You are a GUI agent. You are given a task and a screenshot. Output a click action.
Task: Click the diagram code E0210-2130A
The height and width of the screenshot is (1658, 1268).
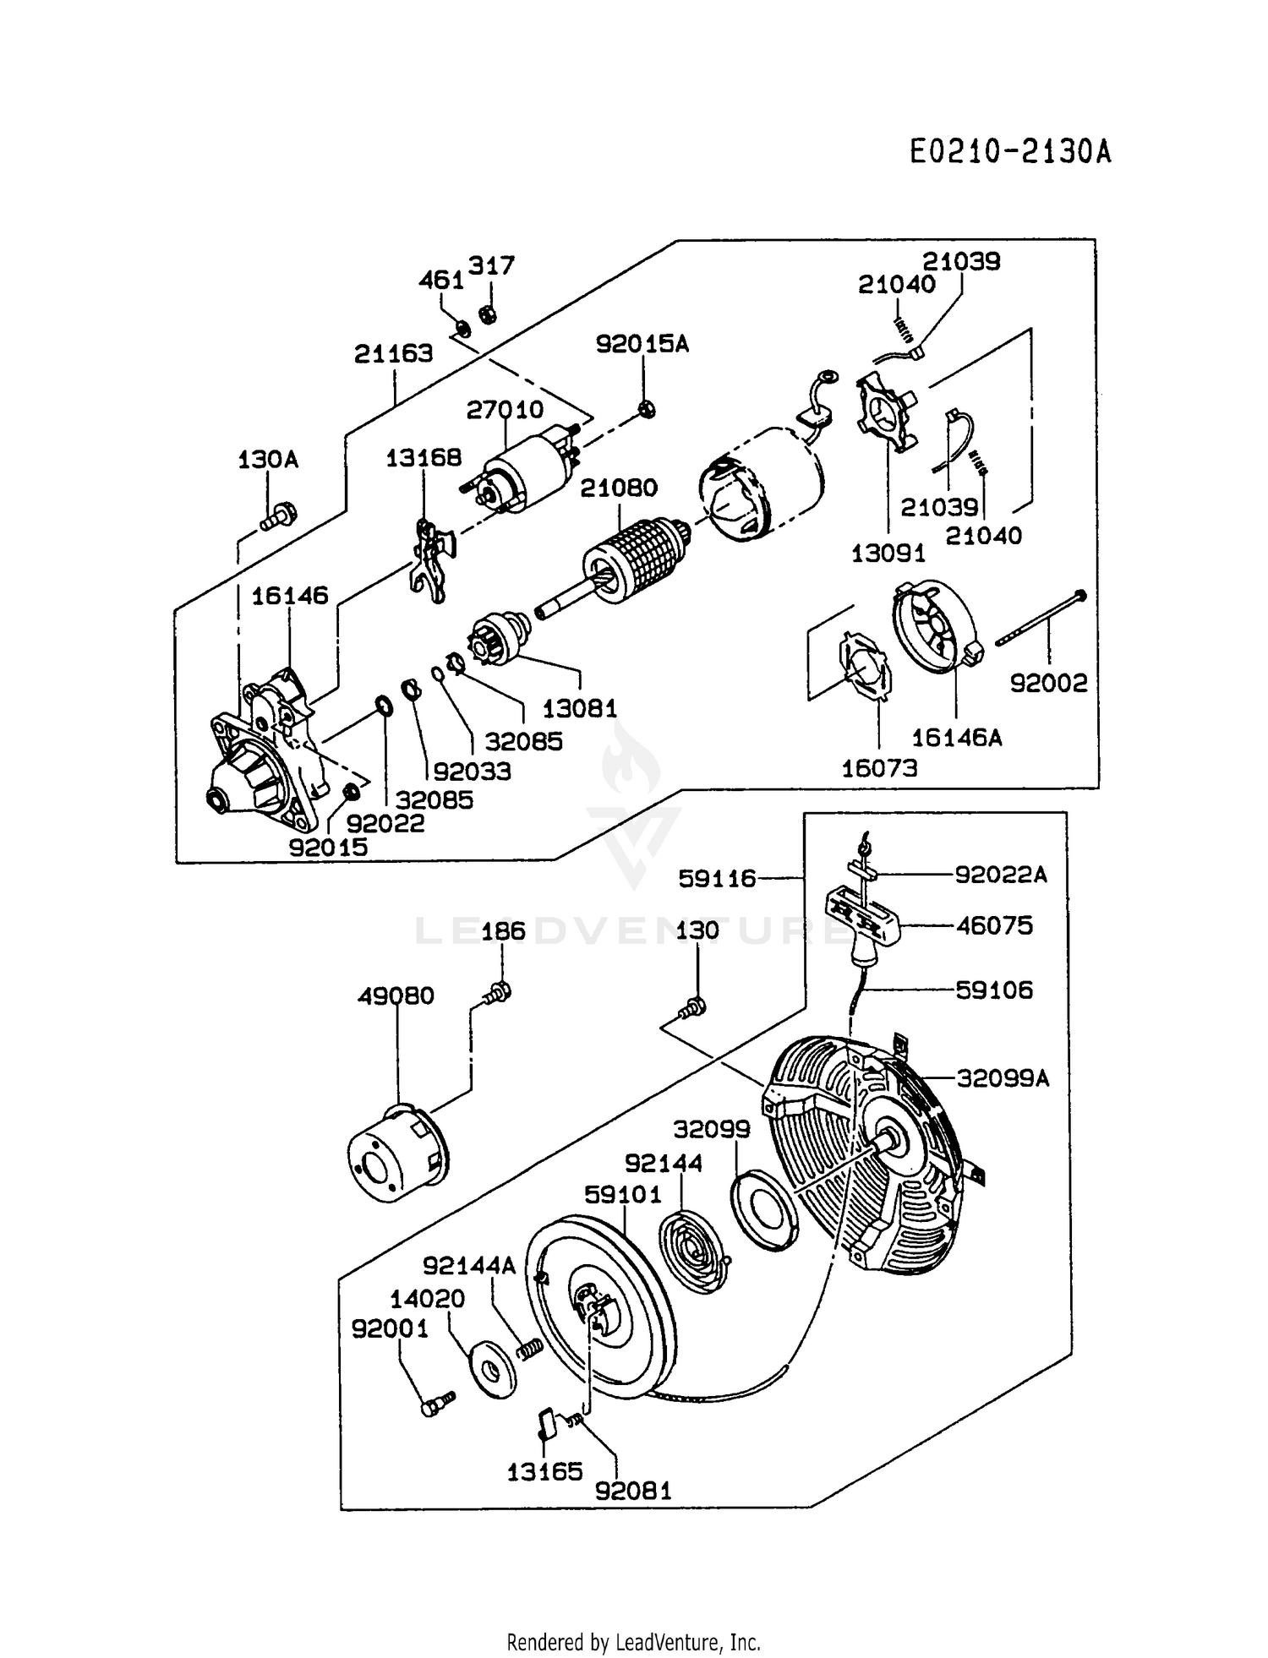tap(1010, 152)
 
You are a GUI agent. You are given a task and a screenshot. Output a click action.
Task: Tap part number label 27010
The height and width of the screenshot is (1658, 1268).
tap(505, 410)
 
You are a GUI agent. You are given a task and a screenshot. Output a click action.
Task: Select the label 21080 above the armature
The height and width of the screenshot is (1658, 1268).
tap(619, 488)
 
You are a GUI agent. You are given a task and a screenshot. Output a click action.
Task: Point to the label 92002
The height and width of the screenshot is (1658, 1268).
tap(1049, 683)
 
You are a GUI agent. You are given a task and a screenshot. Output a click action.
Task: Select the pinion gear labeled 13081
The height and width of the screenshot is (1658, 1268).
tap(501, 641)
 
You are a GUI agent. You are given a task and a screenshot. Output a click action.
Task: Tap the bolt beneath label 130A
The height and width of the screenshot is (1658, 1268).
tap(276, 515)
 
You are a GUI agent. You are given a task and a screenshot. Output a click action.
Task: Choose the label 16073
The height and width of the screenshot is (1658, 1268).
tap(879, 768)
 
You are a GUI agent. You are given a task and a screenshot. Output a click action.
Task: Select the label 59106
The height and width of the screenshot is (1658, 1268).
tap(994, 990)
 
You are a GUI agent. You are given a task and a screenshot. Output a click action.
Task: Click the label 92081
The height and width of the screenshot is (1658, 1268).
tap(633, 1490)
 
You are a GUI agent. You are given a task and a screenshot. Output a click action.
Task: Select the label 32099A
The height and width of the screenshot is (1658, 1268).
tap(1003, 1078)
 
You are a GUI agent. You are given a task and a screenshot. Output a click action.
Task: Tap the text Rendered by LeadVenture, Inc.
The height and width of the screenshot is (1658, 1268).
tap(634, 1642)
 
